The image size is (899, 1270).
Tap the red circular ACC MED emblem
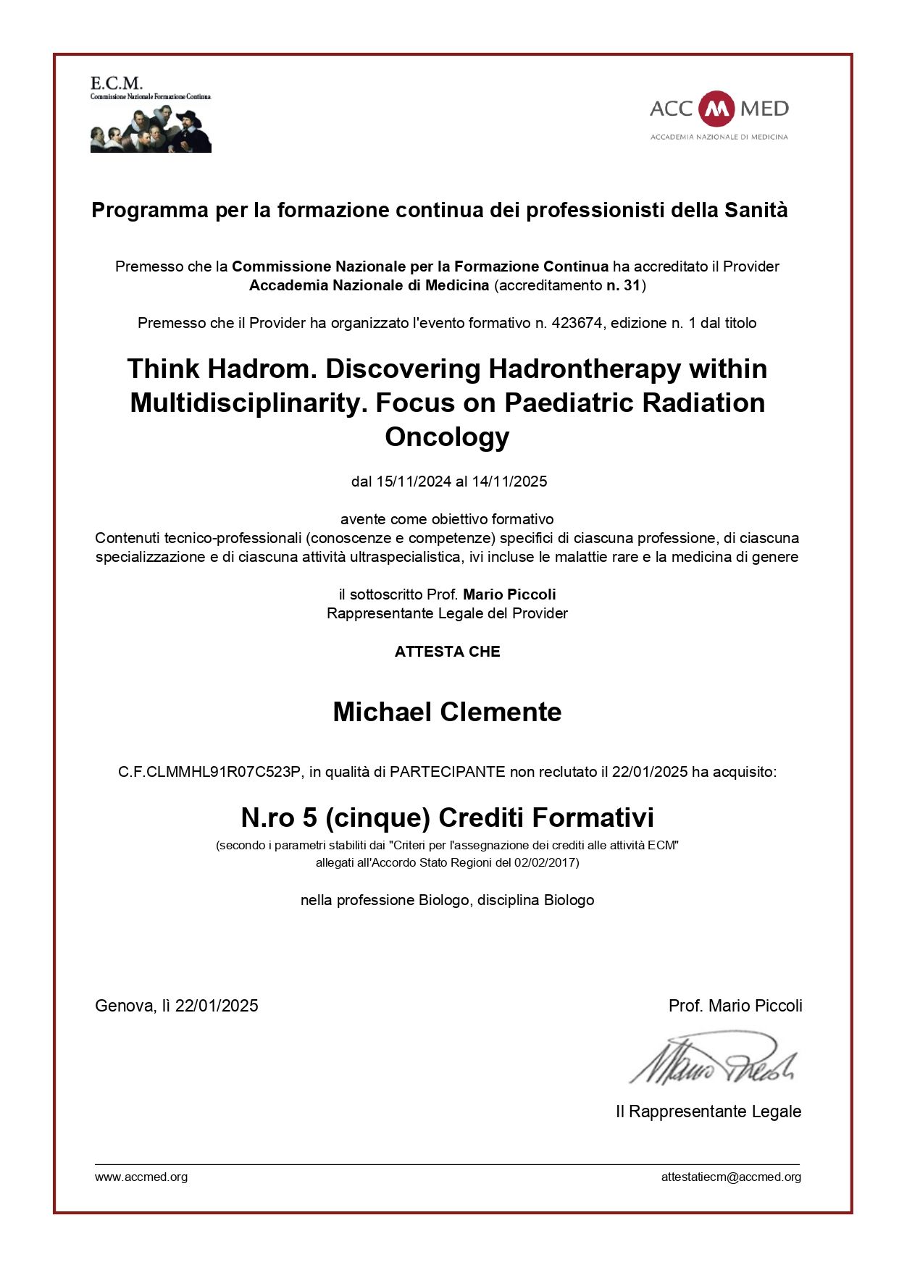717,109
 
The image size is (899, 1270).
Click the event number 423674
577,323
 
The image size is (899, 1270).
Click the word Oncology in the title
447,437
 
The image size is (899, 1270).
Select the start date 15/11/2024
414,481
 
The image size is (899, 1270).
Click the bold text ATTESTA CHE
447,652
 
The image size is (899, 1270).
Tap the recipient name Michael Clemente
447,712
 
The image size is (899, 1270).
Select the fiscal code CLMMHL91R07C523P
223,772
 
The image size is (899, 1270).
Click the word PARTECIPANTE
447,772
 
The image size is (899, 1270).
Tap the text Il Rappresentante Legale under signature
708,1111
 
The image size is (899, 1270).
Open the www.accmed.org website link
141,1177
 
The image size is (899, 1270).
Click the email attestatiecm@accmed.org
730,1177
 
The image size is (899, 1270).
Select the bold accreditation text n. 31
623,285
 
